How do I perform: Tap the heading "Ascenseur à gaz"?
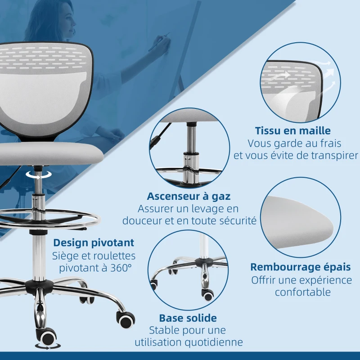(x=189, y=196)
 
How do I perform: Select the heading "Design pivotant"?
(x=94, y=243)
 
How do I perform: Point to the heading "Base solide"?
(x=188, y=318)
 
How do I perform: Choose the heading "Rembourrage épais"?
(x=300, y=267)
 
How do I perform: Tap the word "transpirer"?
(x=334, y=156)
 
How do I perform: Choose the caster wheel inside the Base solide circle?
(x=208, y=295)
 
